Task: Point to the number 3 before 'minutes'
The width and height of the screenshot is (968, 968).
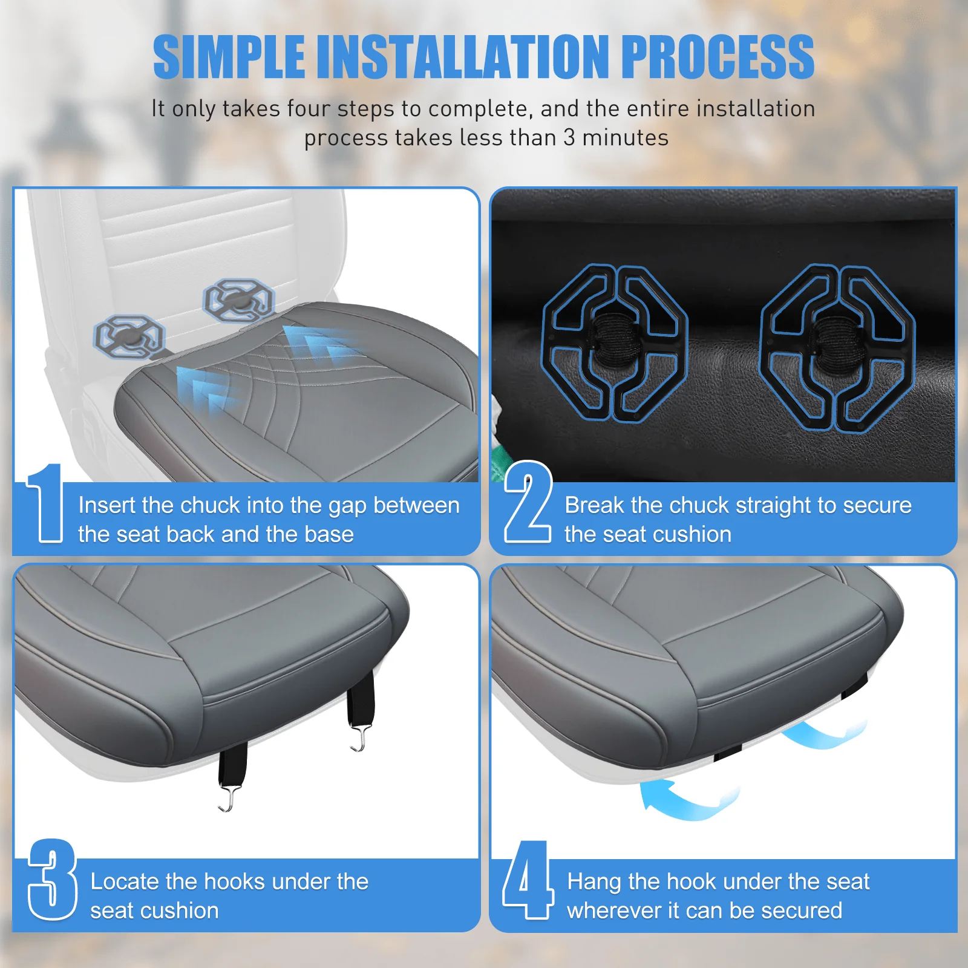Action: coord(569,138)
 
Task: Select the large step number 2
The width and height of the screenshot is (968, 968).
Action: coord(528,502)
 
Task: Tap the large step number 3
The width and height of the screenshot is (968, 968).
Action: coord(52,879)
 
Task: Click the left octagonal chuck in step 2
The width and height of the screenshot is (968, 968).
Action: coord(614,343)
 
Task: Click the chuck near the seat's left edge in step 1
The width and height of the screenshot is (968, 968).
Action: coord(129,336)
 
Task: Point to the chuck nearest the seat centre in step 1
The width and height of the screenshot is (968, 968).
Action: coord(238,300)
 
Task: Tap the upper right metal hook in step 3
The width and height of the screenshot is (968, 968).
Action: coord(359,739)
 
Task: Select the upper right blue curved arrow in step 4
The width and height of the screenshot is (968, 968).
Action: coord(826,733)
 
